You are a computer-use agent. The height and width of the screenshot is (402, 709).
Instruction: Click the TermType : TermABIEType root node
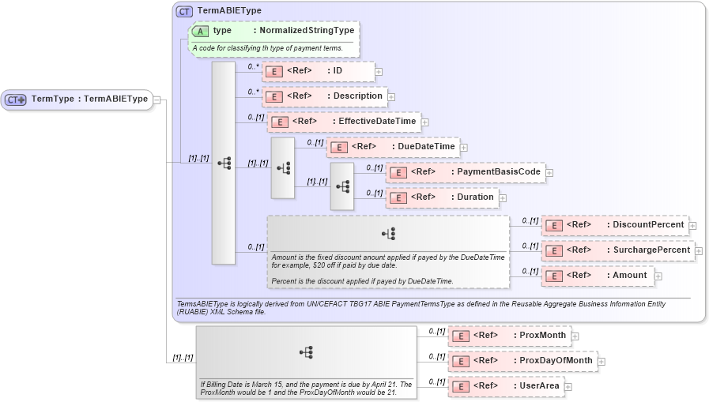[x=77, y=100]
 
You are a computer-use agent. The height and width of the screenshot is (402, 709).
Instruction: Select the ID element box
[x=318, y=71]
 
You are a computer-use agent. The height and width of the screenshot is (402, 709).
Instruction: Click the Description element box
[x=324, y=96]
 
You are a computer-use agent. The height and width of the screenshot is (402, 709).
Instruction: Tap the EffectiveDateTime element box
[x=344, y=122]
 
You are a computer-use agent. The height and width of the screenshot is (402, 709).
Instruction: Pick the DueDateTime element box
[x=393, y=147]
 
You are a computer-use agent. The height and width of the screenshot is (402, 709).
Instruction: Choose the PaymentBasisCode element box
[x=466, y=172]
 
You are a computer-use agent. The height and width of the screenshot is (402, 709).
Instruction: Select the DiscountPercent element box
[x=614, y=225]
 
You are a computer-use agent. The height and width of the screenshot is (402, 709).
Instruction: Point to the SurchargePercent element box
[x=617, y=250]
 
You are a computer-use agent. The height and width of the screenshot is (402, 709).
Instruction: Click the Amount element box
[x=598, y=276]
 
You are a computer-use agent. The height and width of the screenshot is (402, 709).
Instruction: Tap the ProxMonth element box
[x=509, y=336]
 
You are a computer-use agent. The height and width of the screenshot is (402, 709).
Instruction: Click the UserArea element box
[x=506, y=386]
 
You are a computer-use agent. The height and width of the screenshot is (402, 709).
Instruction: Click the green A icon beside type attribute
[x=200, y=31]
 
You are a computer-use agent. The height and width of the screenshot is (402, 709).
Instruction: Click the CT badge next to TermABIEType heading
[x=184, y=11]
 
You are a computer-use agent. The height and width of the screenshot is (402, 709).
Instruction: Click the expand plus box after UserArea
[x=568, y=387]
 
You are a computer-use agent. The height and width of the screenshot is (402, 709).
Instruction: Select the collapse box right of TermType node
[x=157, y=100]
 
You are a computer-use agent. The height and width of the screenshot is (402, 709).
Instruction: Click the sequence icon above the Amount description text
[x=388, y=234]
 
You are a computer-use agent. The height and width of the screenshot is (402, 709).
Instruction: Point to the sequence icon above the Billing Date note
[x=306, y=352]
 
